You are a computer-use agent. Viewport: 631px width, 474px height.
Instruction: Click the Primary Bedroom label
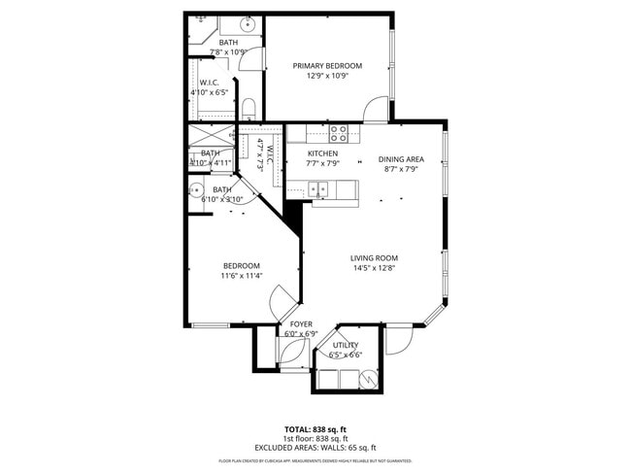click(327, 66)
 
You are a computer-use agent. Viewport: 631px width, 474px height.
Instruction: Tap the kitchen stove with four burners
click(339, 133)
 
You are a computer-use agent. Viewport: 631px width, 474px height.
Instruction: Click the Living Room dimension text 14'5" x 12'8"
click(374, 268)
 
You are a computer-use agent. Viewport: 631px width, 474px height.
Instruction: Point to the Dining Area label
click(401, 159)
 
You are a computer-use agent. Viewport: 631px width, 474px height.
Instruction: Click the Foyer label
click(301, 323)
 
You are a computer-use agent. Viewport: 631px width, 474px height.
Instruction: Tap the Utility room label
click(346, 345)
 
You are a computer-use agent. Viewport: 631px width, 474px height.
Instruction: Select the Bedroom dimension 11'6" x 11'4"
click(242, 276)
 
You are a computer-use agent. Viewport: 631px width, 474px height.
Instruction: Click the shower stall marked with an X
click(210, 136)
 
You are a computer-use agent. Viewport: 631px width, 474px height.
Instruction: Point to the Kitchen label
click(322, 154)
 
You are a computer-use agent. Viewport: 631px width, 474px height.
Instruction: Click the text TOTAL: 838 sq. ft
click(315, 428)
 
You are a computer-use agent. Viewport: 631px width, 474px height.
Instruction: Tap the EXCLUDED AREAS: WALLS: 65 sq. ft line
click(315, 448)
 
